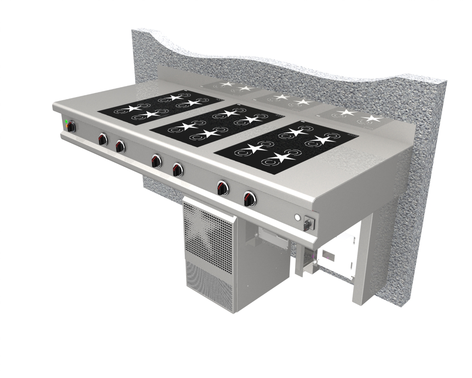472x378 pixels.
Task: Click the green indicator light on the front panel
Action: click(x=66, y=121)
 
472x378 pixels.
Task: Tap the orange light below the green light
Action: click(x=66, y=126)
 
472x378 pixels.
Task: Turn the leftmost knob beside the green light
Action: click(x=72, y=127)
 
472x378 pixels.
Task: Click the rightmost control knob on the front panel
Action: click(x=249, y=199)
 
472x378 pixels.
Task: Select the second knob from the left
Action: click(x=102, y=139)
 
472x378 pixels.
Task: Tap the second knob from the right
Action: click(x=222, y=187)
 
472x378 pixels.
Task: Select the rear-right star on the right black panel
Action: click(x=321, y=140)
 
